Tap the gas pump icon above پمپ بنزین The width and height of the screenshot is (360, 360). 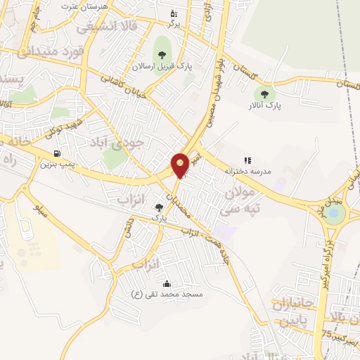tap(56, 153)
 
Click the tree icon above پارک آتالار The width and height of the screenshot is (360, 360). tap(264, 94)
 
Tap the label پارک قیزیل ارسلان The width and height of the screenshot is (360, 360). tap(162, 67)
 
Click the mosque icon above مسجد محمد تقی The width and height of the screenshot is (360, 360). tap(167, 284)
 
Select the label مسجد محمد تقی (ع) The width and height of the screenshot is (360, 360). tap(167, 294)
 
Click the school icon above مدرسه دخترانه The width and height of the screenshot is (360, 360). tap(247, 161)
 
